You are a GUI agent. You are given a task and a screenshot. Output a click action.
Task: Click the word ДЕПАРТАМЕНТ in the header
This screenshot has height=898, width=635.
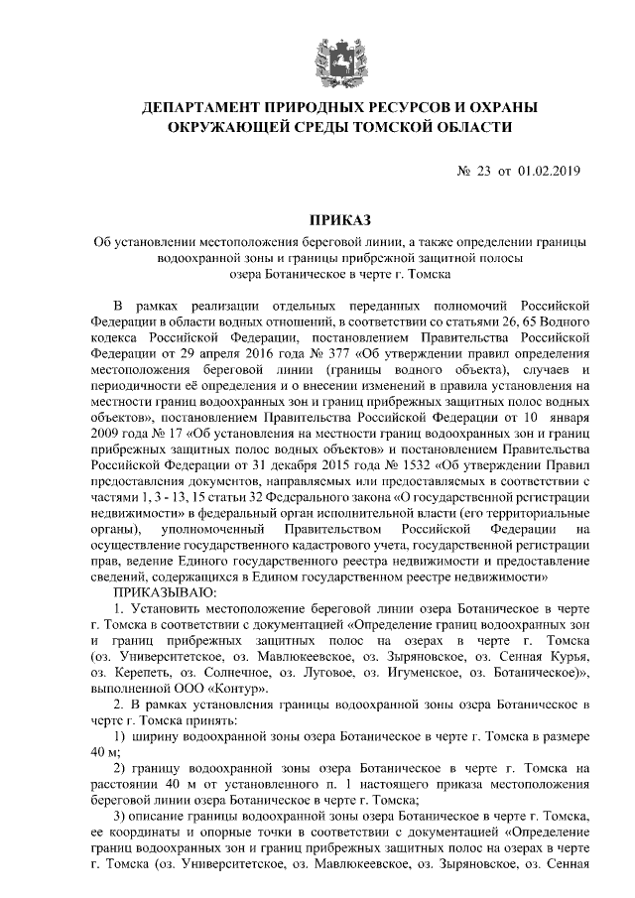[x=202, y=106]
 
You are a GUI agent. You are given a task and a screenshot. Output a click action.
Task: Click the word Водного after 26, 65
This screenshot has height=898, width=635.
[x=570, y=321]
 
